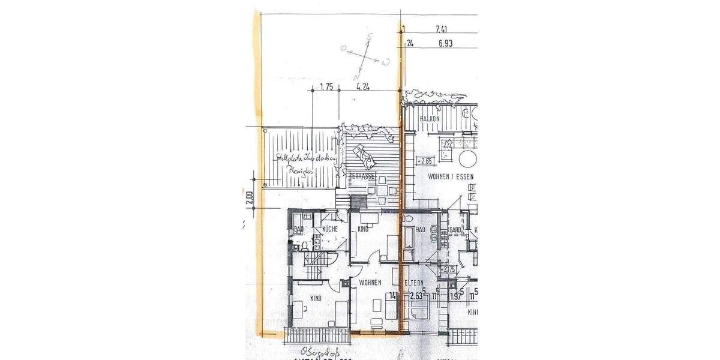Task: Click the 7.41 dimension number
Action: [445, 28]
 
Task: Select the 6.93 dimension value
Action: [445, 43]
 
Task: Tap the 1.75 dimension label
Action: [326, 87]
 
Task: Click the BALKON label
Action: [430, 119]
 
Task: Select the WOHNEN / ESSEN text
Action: [451, 178]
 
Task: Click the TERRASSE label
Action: [362, 176]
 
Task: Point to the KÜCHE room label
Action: [330, 229]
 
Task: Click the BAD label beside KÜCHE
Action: [298, 229]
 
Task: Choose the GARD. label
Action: [455, 230]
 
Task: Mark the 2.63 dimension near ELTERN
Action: [416, 295]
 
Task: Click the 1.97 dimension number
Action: [457, 295]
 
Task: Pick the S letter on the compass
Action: [370, 36]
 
